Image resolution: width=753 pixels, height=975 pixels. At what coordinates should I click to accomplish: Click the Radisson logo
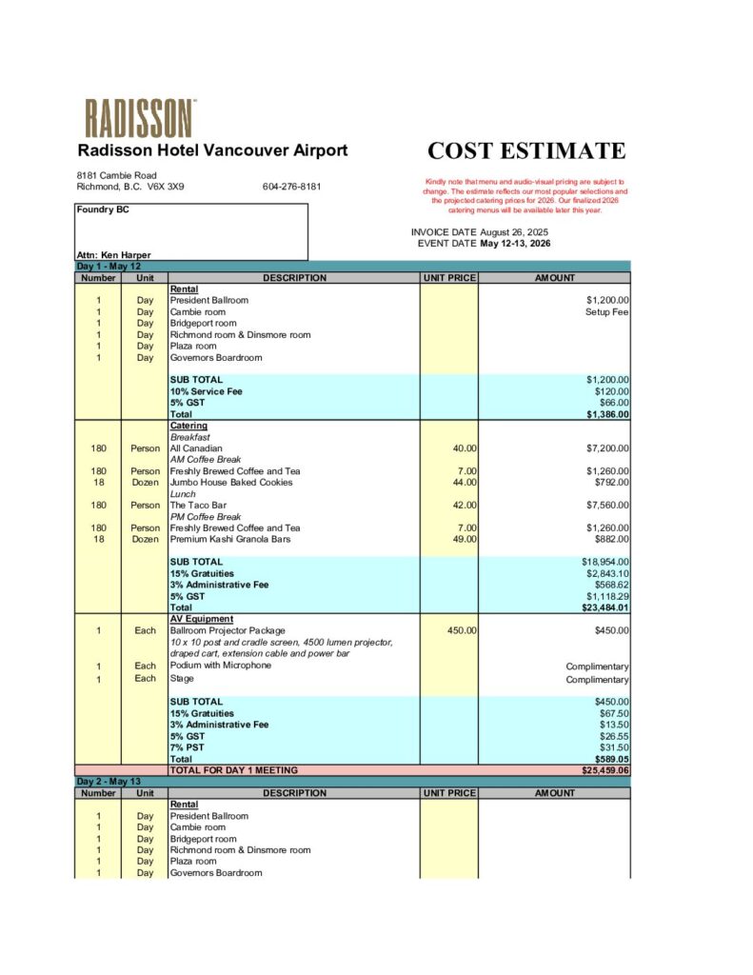click(140, 118)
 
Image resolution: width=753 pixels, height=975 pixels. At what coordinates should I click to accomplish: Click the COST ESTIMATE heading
click(526, 151)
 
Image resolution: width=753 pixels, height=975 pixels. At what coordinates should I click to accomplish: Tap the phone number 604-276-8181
click(291, 187)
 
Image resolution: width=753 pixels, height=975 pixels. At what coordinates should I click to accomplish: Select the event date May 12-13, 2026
click(515, 244)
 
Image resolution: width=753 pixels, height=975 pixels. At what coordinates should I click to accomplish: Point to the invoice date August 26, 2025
click(514, 232)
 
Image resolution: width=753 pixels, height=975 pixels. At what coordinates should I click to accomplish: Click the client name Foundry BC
click(103, 209)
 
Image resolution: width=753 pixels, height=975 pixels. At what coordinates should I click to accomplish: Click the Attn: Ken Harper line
click(113, 255)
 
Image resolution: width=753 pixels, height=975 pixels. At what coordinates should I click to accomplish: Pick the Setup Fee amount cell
click(606, 312)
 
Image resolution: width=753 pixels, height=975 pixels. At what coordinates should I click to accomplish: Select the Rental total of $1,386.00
click(607, 414)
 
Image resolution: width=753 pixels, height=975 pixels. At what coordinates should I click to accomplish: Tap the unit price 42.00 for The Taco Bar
click(465, 506)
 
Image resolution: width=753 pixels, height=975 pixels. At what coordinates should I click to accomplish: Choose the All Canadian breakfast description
click(196, 448)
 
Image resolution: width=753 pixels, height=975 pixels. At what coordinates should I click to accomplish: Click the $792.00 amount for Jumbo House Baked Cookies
click(609, 483)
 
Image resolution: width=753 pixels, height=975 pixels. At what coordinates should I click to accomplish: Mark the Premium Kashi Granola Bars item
click(228, 540)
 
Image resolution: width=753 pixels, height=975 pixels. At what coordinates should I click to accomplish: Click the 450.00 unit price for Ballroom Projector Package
click(462, 630)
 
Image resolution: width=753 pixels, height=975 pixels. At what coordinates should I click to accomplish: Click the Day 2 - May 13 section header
click(109, 782)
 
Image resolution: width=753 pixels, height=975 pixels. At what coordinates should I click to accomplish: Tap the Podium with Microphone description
click(221, 666)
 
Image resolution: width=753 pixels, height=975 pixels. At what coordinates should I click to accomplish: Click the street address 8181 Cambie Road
click(117, 175)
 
